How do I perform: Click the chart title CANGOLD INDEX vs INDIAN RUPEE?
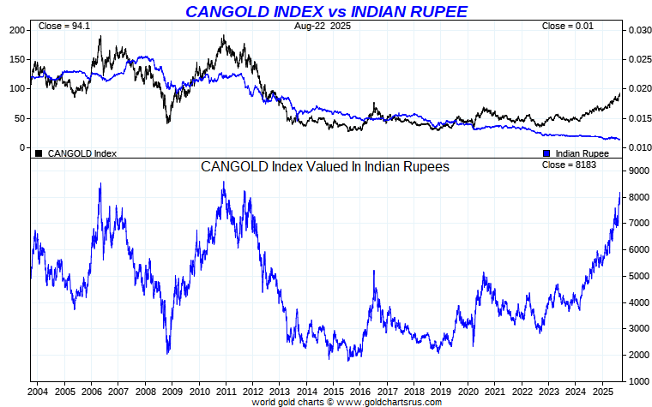coord(327,11)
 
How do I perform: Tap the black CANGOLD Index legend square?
coord(39,153)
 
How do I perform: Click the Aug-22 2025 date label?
coord(322,26)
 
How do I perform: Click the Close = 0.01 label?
coord(567,26)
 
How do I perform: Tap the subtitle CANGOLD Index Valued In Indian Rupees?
coord(325,167)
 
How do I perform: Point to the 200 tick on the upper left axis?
coord(17,30)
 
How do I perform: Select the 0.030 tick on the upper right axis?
coord(639,30)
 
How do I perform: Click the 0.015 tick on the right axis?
coord(639,118)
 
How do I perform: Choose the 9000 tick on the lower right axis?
coord(637,171)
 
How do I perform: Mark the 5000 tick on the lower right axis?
coord(637,276)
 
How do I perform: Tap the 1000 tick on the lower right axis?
coord(637,381)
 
